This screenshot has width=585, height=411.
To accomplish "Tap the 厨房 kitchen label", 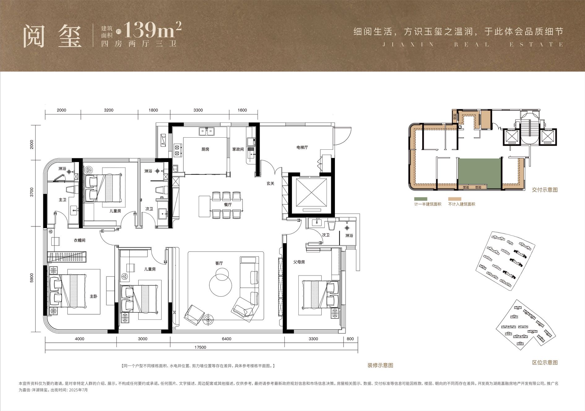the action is pos(205,149).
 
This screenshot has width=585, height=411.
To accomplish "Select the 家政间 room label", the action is pos(238,149).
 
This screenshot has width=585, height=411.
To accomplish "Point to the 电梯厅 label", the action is pos(302,148).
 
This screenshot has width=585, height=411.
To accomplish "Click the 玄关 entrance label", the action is pos(271,183).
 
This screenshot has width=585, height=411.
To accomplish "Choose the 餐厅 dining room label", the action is pos(228,204).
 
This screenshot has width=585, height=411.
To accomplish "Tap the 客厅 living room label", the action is pos(219,263).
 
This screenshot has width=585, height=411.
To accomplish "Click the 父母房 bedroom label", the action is pos(299,262).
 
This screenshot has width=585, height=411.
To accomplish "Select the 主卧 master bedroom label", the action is pos(93,296).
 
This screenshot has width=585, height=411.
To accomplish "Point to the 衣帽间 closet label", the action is pos(80,240).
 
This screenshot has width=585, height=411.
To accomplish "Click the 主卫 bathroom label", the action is pos(63,200).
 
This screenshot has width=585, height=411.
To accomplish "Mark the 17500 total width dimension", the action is pos(201,347).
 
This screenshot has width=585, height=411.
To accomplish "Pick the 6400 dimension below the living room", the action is pos(227,339).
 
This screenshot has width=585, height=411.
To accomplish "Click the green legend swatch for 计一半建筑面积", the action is pos(421,199).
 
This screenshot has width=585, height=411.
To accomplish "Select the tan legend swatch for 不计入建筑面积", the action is pos(455,199).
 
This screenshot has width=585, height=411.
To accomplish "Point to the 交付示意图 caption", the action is pos(545,190).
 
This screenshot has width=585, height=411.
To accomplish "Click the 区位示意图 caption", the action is pos(545,362).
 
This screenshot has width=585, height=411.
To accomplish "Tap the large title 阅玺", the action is pos(53,36).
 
